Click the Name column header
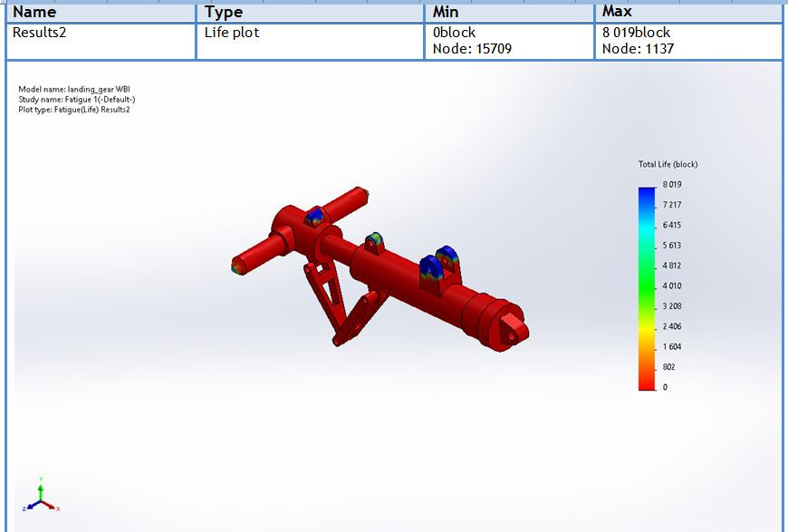(34, 13)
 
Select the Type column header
(224, 13)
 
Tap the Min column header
(446, 13)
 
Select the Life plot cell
(232, 33)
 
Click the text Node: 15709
(472, 49)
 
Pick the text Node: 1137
(638, 49)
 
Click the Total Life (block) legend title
(668, 164)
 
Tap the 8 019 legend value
(671, 185)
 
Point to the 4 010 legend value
(671, 286)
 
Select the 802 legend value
(669, 367)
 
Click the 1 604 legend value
(671, 347)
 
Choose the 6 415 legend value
(671, 226)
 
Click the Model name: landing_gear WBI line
(69, 89)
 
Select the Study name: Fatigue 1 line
(77, 99)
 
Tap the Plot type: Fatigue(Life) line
(74, 109)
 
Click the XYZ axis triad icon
(42, 497)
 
